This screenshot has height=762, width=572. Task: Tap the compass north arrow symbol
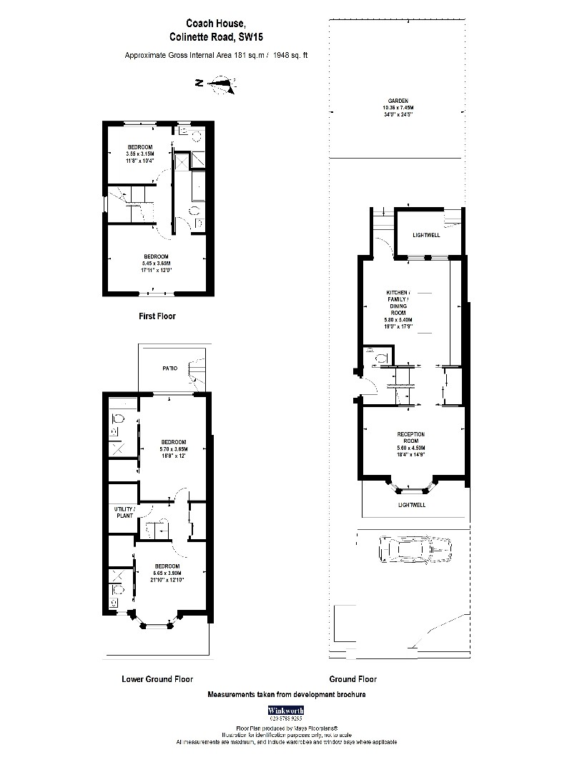(x=222, y=86)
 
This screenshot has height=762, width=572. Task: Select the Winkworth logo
(x=285, y=711)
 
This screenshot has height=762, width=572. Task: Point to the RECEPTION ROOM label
(x=411, y=434)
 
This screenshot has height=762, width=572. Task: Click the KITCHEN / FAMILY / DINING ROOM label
(x=398, y=303)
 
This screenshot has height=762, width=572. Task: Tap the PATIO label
(x=169, y=369)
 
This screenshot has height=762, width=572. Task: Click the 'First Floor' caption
(x=157, y=316)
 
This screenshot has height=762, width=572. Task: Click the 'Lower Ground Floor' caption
(x=157, y=679)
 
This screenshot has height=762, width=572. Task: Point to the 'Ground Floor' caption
(x=352, y=679)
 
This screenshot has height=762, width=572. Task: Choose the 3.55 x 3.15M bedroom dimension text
(x=140, y=154)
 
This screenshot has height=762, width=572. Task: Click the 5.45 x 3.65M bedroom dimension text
(x=155, y=264)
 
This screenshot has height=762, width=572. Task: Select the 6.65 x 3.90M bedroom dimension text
(x=167, y=573)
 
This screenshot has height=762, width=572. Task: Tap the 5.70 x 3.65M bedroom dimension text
(x=174, y=448)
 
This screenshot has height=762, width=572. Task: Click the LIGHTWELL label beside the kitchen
(x=427, y=235)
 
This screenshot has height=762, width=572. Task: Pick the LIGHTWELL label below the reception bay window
(x=411, y=504)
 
